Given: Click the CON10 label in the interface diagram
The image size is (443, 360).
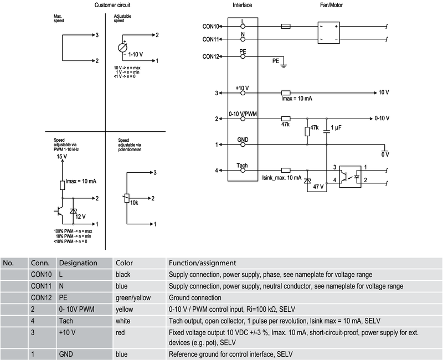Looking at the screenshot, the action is pyautogui.click(x=211, y=27).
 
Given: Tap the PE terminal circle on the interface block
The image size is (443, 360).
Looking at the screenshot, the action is pyautogui.click(x=243, y=56).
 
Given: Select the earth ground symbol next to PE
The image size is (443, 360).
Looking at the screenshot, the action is pyautogui.click(x=284, y=65).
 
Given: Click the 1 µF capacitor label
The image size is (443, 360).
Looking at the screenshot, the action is pyautogui.click(x=336, y=128).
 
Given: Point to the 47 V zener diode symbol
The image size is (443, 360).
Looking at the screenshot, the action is pyautogui.click(x=307, y=181).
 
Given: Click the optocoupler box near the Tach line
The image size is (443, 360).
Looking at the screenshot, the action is pyautogui.click(x=350, y=177).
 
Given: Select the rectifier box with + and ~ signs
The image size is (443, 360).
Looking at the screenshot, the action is pyautogui.click(x=328, y=33).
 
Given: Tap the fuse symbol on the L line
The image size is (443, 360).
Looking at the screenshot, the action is pyautogui.click(x=286, y=27).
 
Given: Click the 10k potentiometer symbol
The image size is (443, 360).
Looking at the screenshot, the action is pyautogui.click(x=127, y=198).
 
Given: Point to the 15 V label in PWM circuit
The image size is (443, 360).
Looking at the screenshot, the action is pyautogui.click(x=62, y=156).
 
